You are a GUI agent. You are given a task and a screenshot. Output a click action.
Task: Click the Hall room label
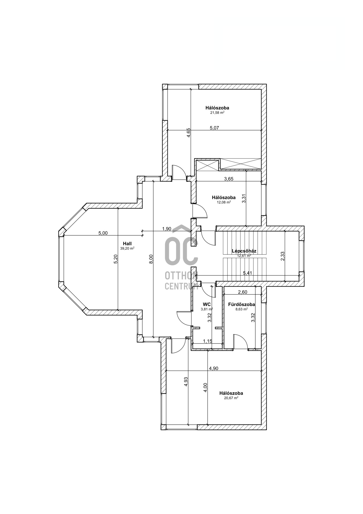point(127,244)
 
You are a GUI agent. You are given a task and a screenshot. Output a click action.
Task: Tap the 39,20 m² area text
point(127,248)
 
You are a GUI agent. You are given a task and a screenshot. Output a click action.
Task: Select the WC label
point(207,304)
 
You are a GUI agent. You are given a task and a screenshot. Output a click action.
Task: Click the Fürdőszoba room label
point(241,304)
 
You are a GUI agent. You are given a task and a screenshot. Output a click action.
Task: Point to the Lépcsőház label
point(244,251)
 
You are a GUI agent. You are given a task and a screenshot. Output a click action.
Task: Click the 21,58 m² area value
point(217,113)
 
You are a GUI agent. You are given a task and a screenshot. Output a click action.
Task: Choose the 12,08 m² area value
point(224,202)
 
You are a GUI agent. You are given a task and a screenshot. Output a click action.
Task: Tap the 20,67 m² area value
point(231,398)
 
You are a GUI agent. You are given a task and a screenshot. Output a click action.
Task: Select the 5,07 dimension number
point(214,128)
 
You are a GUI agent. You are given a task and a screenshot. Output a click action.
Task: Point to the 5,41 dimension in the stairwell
point(247,273)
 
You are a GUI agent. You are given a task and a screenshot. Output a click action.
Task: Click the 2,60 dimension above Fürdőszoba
point(243,292)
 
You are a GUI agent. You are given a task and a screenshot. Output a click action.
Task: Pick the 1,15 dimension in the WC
point(207,341)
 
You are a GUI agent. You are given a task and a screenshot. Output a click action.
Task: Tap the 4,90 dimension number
point(214,368)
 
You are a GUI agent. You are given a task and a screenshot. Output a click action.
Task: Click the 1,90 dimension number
point(167,229)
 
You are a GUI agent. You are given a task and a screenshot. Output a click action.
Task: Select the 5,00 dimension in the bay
point(103,233)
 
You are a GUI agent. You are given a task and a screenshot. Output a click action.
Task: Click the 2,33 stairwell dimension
point(282,256)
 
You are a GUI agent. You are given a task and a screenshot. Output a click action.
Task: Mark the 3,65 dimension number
point(229,179)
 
